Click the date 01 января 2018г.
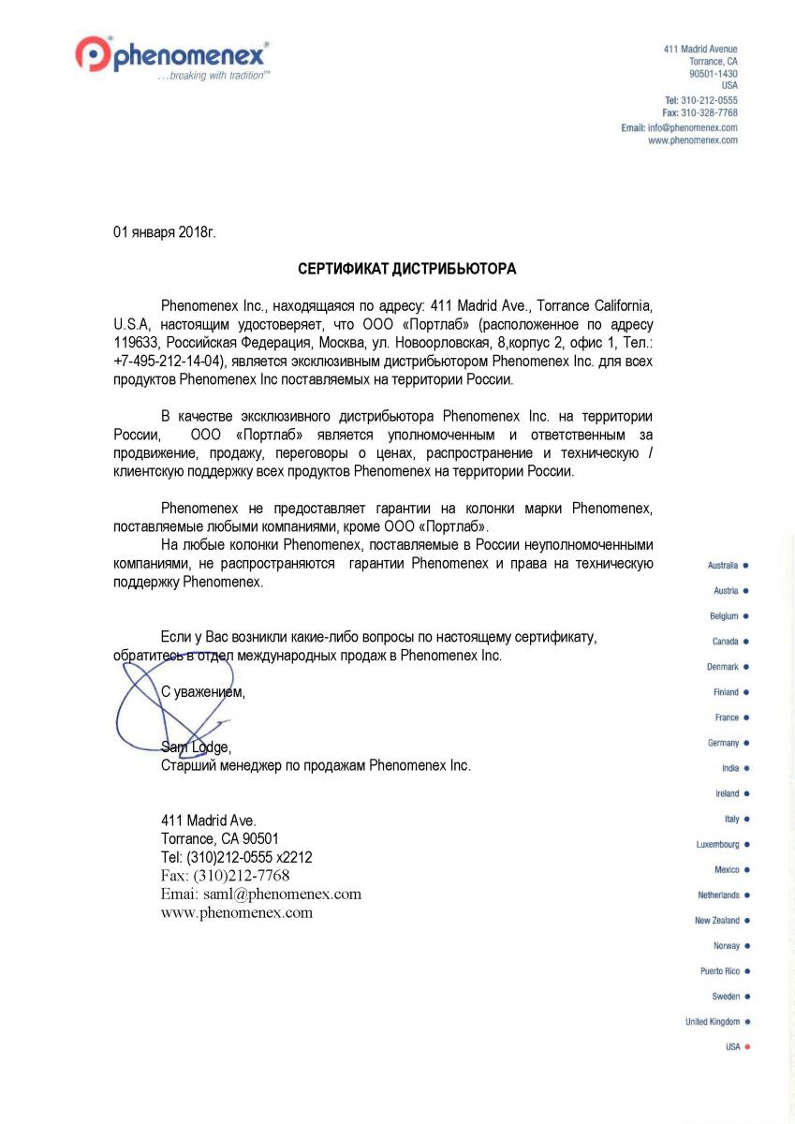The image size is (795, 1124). coord(164,231)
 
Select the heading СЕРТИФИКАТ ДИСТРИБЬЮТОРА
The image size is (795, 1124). coord(406,269)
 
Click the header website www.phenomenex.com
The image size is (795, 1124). coord(693,140)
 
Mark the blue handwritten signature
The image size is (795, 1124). coord(169,707)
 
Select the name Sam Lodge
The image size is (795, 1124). coord(195,747)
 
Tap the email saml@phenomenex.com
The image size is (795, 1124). coord(282,894)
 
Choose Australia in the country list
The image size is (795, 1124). coord(723,566)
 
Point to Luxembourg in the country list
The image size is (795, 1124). coord(717,845)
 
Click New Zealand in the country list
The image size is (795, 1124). coord(716,921)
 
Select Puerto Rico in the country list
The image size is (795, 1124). coord(719,971)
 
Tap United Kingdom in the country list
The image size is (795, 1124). coord(713,1022)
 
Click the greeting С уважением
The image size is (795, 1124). coord(203,692)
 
